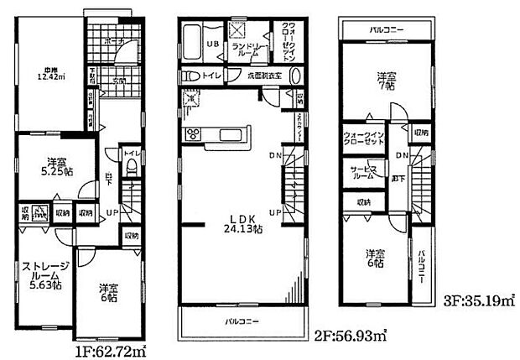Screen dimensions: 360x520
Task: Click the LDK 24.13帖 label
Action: click(x=238, y=224)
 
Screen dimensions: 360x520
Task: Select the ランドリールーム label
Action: click(x=249, y=50)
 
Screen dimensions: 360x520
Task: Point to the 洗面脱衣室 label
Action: click(x=263, y=76)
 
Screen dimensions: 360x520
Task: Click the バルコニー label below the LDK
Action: click(x=241, y=321)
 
